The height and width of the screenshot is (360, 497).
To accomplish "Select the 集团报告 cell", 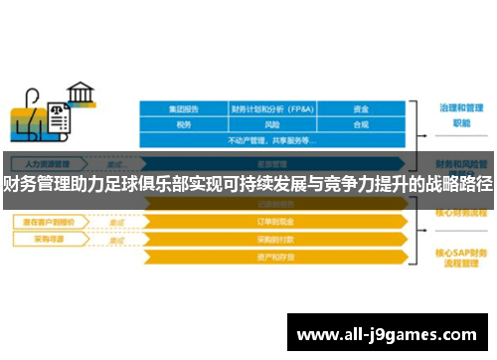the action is pyautogui.click(x=183, y=109).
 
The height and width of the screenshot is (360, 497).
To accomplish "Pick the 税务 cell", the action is pyautogui.click(x=183, y=125).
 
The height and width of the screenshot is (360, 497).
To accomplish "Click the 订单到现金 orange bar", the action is pyautogui.click(x=272, y=222).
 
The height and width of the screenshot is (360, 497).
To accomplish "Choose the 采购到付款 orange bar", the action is pyautogui.click(x=272, y=240).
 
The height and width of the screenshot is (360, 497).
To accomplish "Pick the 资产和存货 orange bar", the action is pyautogui.click(x=272, y=258).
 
